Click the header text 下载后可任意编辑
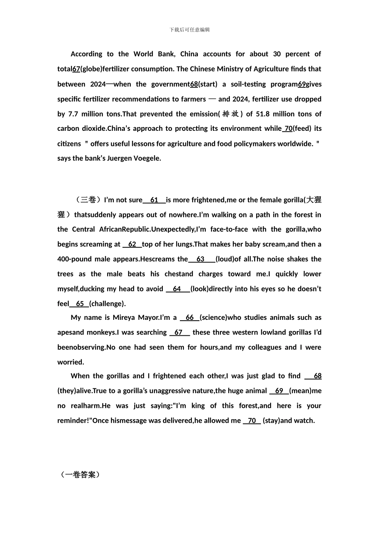click(x=189, y=30)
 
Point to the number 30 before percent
click(x=277, y=54)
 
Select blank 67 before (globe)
click(x=76, y=69)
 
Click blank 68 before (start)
click(x=194, y=84)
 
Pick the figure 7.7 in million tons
click(x=73, y=114)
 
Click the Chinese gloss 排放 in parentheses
click(x=231, y=114)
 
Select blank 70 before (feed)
click(x=288, y=128)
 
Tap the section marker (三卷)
click(x=87, y=200)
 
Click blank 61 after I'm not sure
click(x=154, y=200)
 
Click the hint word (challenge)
click(x=107, y=304)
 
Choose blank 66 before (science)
click(x=189, y=318)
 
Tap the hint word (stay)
click(x=271, y=421)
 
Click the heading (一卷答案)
click(x=80, y=475)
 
